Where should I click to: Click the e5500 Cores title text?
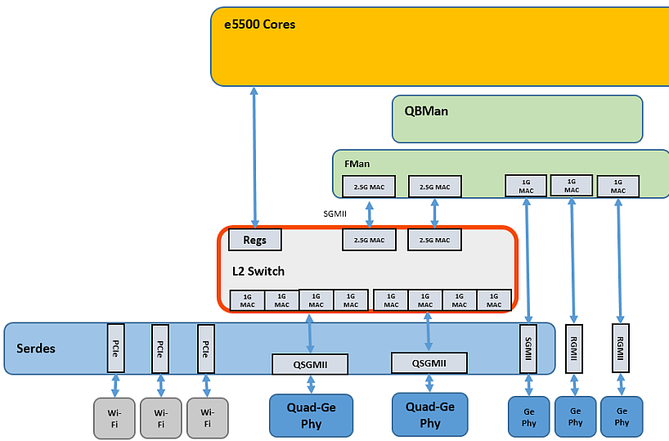260,25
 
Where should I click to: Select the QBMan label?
420,111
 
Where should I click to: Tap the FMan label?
357,164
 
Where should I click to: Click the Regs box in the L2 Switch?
254,240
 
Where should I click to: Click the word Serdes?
36,349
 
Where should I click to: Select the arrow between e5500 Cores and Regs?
254,156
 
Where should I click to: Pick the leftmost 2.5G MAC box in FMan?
369,187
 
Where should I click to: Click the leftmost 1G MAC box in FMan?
526,186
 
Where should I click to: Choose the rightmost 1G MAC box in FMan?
618,186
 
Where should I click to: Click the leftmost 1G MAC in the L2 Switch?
247,300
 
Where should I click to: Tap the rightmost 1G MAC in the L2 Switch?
494,300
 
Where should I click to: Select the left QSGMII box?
310,364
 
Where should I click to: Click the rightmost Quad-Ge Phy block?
430,415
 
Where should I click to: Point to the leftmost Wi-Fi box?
114,418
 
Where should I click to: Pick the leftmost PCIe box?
115,349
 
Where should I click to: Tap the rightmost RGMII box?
621,349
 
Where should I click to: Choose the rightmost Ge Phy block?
622,416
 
